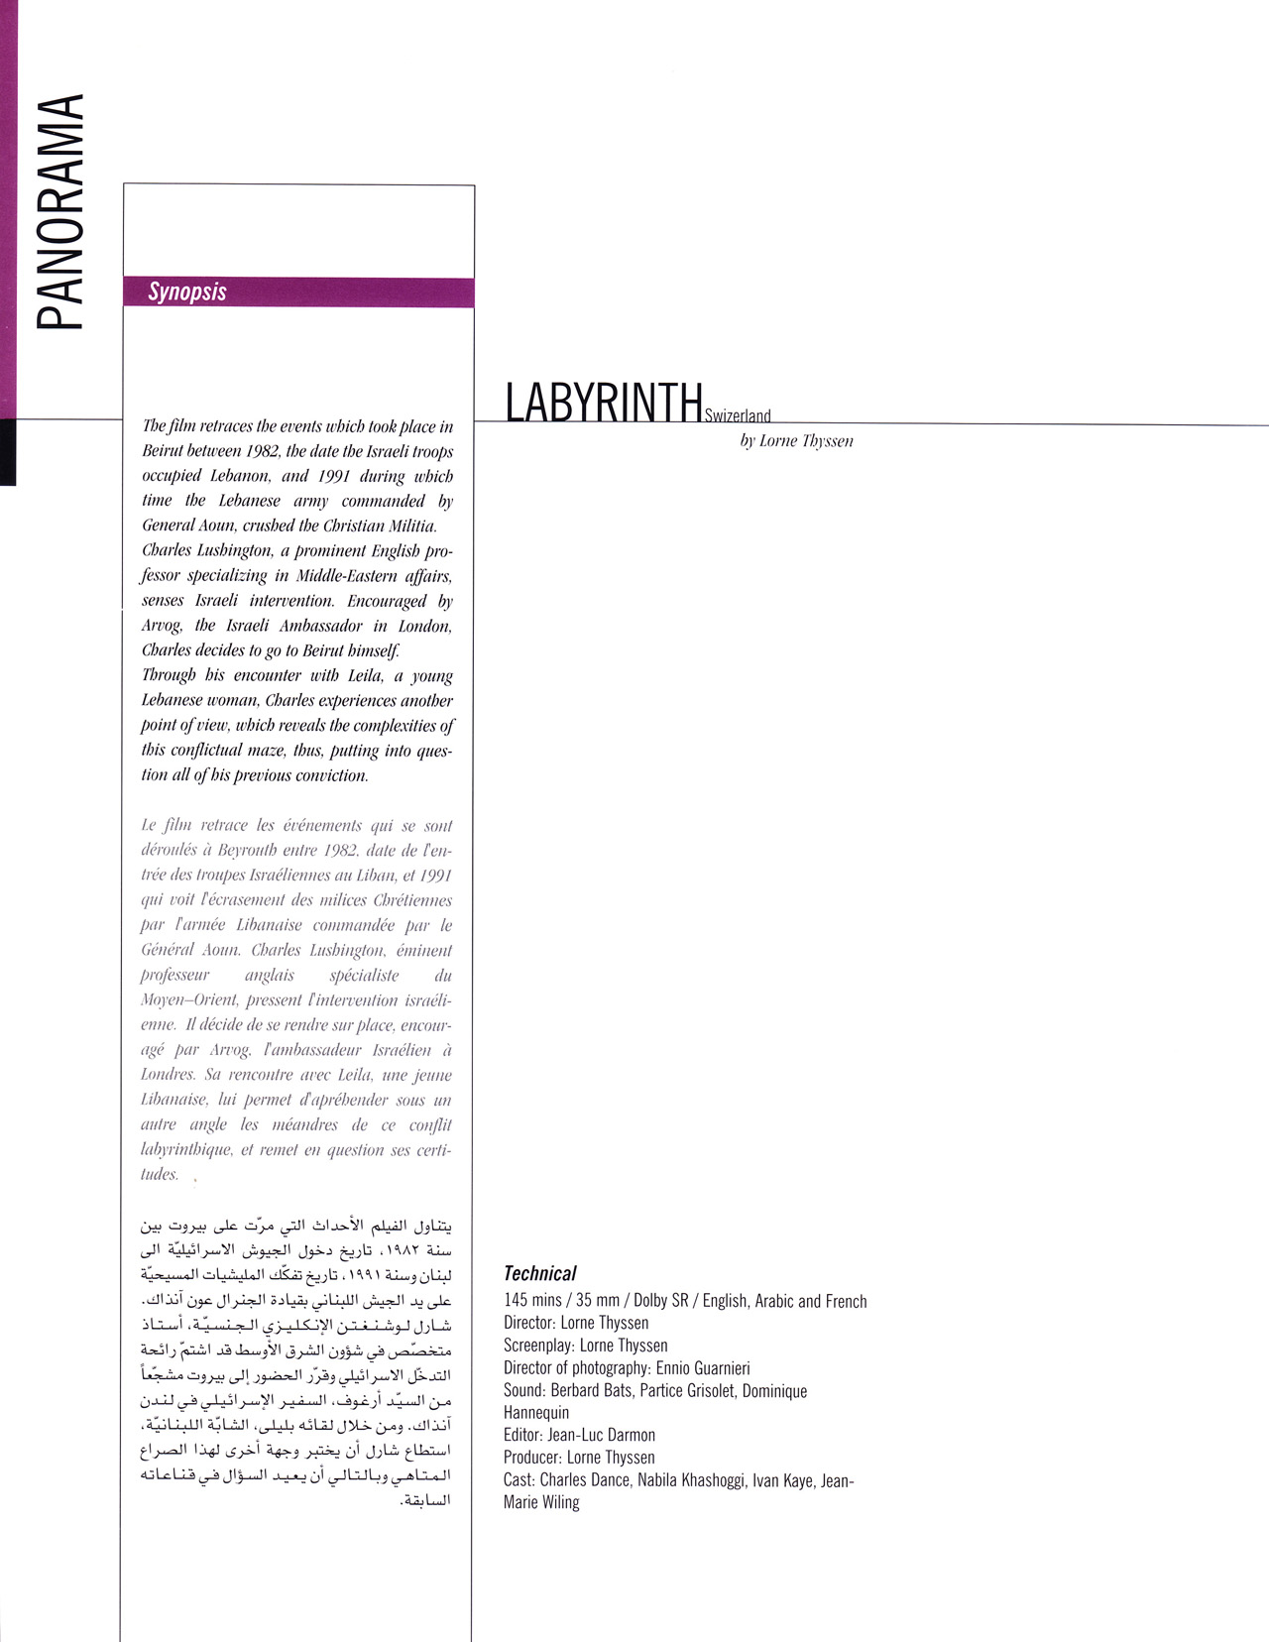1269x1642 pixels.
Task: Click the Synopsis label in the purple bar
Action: click(x=187, y=292)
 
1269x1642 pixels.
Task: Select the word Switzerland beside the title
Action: click(x=738, y=416)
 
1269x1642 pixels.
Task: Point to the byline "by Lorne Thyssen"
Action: click(x=796, y=441)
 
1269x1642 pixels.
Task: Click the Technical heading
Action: click(x=539, y=1273)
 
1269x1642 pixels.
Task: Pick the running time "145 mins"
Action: click(x=533, y=1301)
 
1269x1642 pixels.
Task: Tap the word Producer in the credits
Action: click(x=532, y=1458)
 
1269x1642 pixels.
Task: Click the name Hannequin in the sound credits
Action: click(x=536, y=1413)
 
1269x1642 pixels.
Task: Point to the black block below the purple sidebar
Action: click(x=8, y=451)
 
